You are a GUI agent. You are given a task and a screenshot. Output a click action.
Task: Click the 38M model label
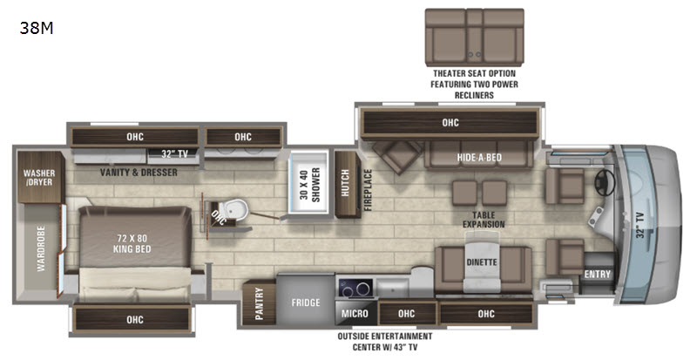pos(37,29)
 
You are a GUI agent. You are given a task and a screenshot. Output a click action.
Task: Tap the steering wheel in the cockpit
pos(605,182)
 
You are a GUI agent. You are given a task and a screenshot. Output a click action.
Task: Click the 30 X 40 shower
pos(309,184)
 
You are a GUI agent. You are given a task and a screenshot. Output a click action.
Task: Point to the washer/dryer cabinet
pos(38,177)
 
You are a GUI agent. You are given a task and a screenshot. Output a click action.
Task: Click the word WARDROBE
pos(41,248)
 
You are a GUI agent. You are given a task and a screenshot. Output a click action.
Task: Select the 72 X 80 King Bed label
pos(132,243)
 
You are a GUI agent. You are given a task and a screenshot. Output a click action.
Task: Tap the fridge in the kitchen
pos(306,300)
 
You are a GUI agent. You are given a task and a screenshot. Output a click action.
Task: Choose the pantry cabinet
pos(259,303)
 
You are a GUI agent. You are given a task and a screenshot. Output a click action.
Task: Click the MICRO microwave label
pos(355,314)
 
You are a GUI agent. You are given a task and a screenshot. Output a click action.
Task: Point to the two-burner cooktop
pos(355,289)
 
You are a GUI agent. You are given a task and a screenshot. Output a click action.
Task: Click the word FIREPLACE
pos(368,190)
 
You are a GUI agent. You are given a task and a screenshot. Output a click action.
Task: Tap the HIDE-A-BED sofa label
pos(479,157)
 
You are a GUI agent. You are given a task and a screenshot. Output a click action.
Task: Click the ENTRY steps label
pos(598,274)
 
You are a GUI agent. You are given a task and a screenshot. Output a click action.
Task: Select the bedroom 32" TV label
pos(174,154)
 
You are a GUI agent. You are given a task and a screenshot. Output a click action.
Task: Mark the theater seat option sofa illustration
pos(474,37)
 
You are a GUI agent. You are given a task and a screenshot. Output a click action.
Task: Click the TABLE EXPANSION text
pos(484,220)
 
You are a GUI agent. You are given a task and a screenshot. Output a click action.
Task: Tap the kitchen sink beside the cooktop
pos(392,286)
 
